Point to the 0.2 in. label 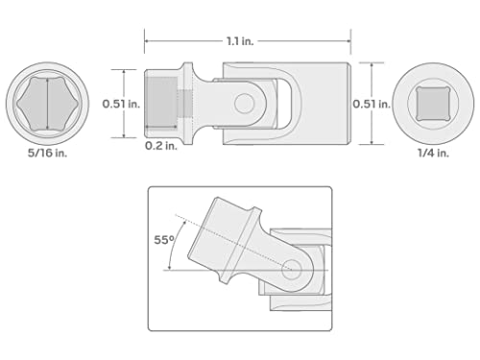click(160, 147)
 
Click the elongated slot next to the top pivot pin click(274, 102)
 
